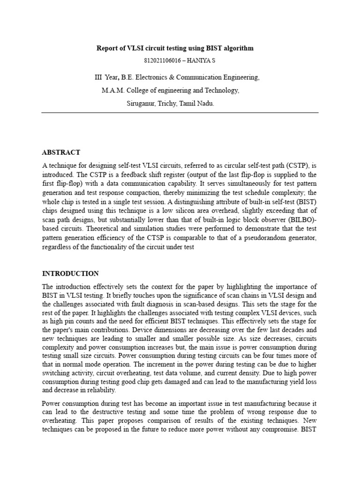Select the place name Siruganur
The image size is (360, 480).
coord(143,104)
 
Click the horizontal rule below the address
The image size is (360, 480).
coord(180,112)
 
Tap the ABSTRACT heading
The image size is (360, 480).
coord(61,152)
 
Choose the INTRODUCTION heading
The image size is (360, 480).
coord(70,273)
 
